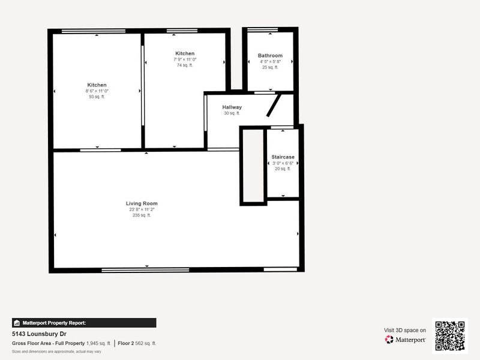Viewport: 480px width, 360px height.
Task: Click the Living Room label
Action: [142, 203]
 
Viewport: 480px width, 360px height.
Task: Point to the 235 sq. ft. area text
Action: [142, 215]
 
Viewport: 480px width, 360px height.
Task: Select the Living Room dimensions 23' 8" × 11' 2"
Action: [142, 209]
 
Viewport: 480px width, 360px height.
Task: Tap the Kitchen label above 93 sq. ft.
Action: [97, 85]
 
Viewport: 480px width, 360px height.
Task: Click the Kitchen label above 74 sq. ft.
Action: [185, 53]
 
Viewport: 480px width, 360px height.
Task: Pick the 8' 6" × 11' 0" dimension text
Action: [97, 91]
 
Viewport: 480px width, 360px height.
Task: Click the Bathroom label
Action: [270, 55]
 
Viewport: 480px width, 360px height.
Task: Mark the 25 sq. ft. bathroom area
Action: [270, 67]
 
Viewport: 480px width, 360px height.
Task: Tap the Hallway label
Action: [232, 107]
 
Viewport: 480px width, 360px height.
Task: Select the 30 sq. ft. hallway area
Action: [232, 113]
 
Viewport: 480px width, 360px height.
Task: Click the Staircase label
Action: [283, 157]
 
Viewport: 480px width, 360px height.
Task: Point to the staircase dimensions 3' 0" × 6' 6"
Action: [283, 163]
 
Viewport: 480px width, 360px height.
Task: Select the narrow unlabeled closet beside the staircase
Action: [253, 166]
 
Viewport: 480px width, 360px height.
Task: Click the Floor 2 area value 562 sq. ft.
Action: [145, 343]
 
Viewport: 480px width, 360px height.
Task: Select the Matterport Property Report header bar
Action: [84, 323]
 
